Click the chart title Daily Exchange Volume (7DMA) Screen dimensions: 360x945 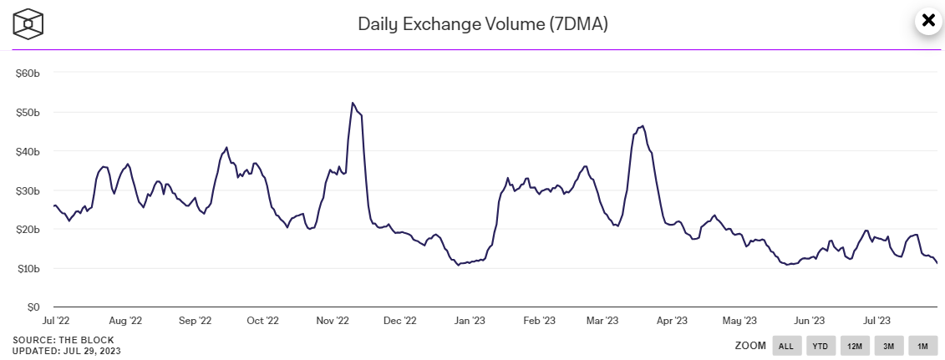pos(482,23)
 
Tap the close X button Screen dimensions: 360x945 pos(927,21)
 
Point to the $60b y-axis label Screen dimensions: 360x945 pos(28,73)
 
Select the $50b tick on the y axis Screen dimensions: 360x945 pos(28,112)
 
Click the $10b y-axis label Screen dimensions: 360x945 pos(28,268)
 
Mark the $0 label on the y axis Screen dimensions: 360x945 pos(33,307)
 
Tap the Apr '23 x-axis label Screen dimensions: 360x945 pos(671,320)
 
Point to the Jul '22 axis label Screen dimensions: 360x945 pos(56,320)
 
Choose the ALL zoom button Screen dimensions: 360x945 pos(786,346)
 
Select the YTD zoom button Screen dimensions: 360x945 pos(821,346)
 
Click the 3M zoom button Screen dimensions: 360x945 pos(889,346)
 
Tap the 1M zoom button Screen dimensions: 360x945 pos(922,346)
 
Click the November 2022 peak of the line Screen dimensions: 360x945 pos(353,103)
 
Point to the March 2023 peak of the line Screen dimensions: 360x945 pos(642,126)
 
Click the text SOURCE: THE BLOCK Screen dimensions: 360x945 pos(64,340)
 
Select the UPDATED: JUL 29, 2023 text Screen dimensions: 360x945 pos(67,351)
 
